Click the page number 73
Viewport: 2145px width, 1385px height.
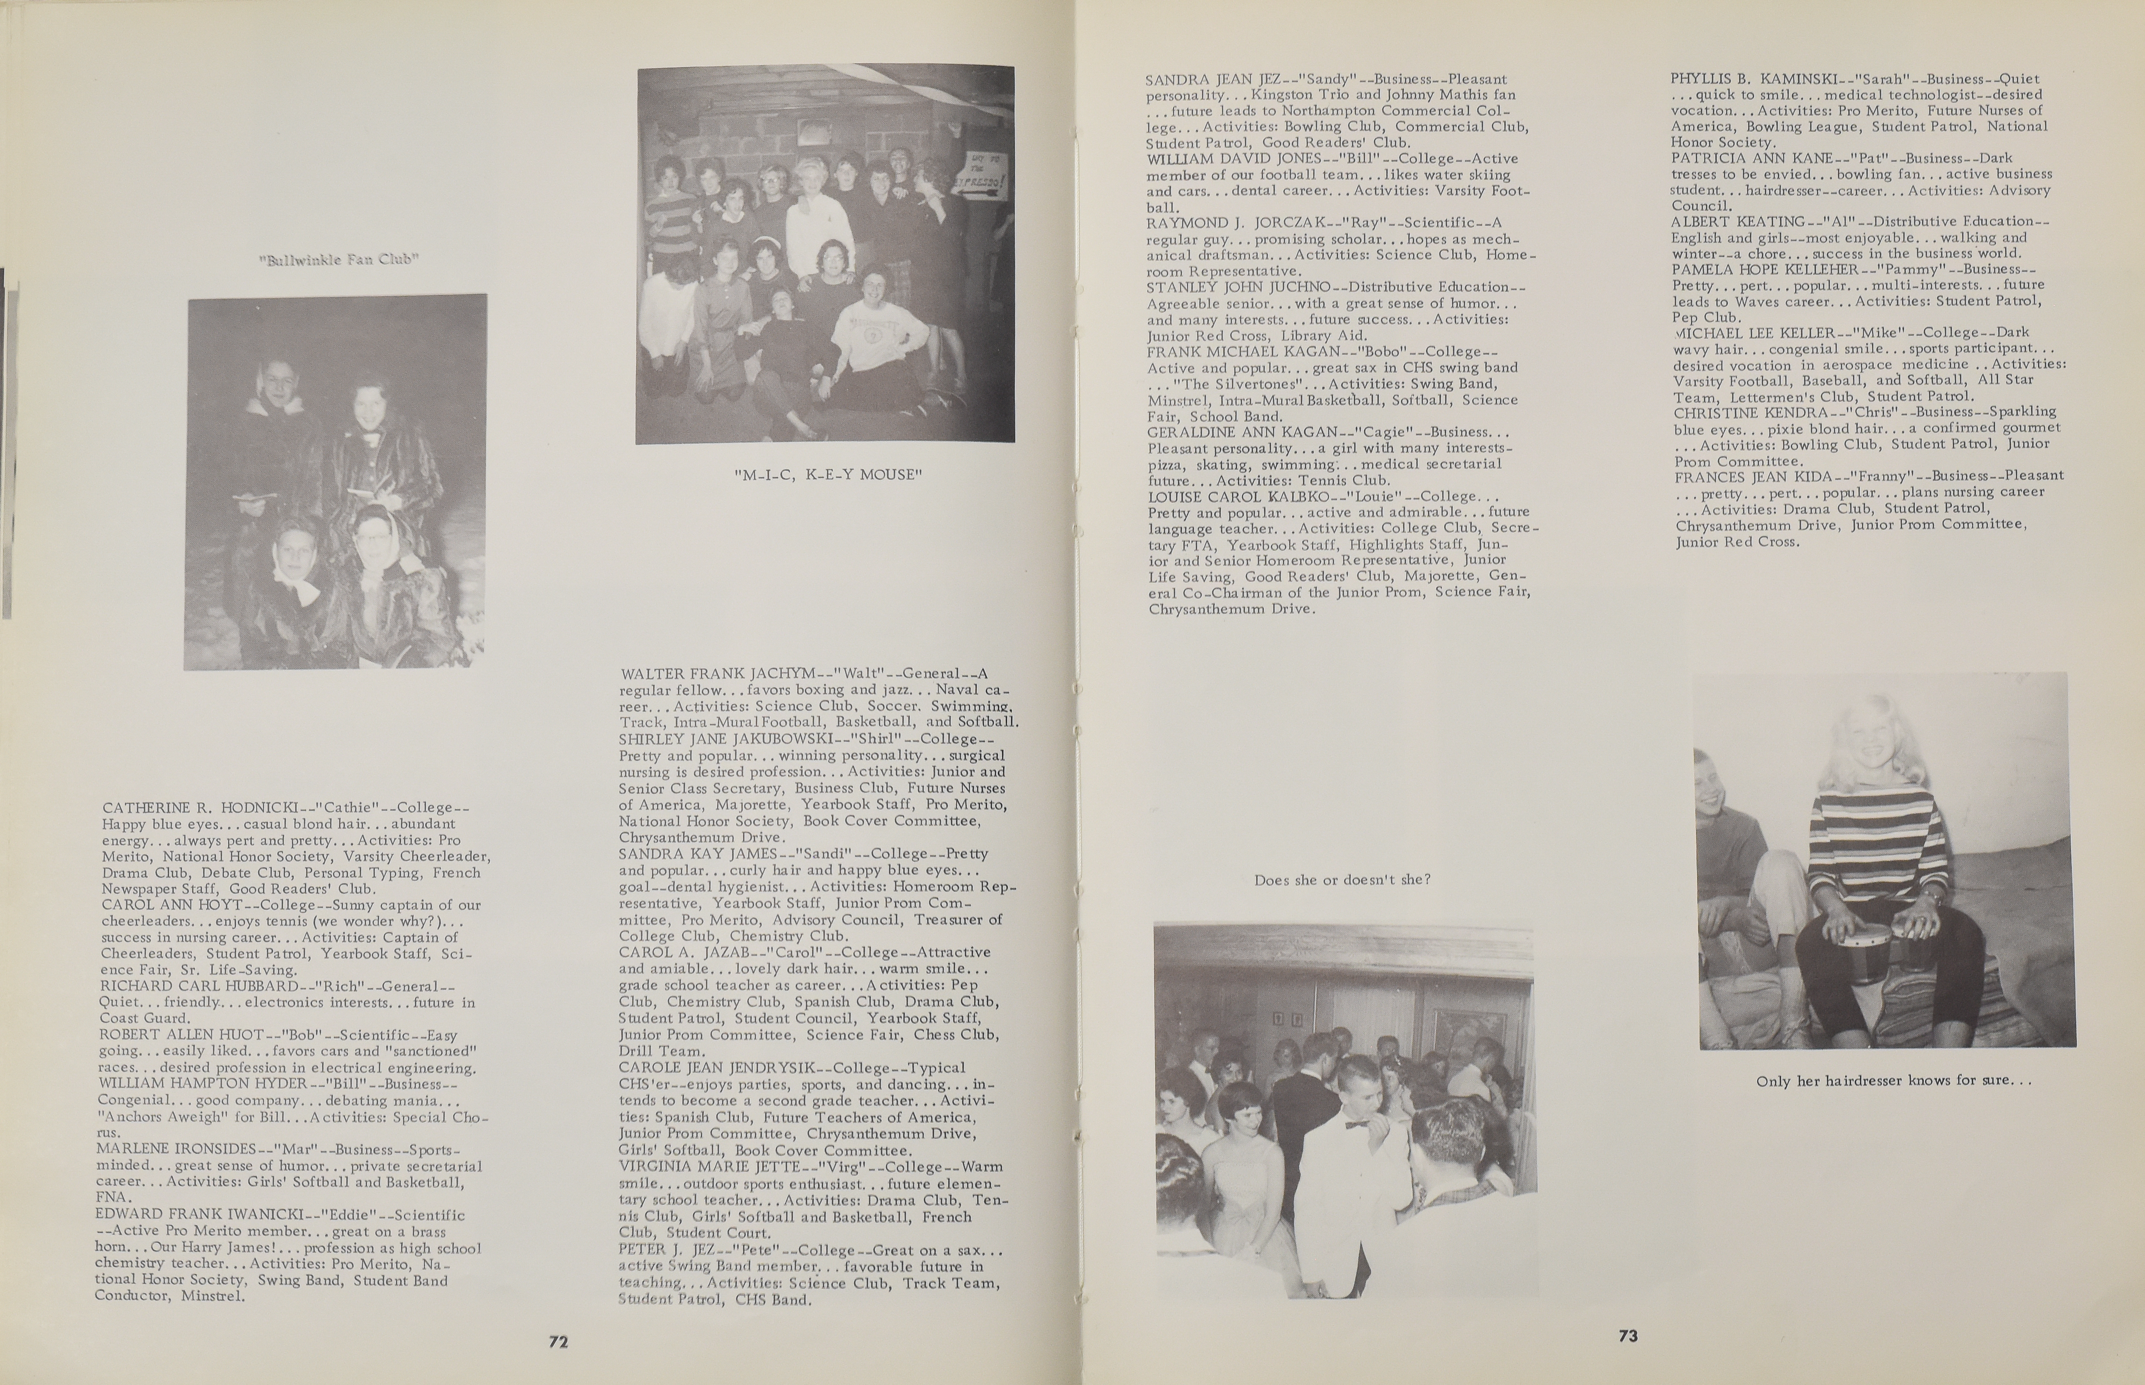coord(1628,1336)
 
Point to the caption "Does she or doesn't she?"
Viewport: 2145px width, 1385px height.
coord(1342,879)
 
